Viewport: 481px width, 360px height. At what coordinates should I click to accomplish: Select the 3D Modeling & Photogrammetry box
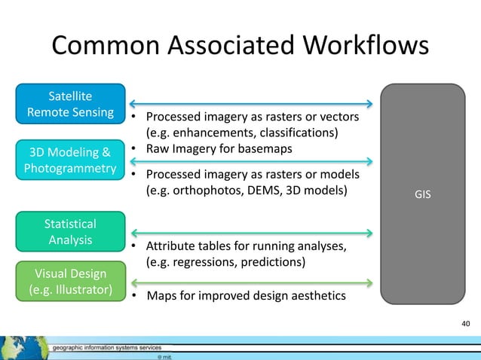point(70,159)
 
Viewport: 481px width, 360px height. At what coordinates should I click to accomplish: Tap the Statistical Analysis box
point(70,232)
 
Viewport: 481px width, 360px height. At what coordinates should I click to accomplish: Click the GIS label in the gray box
point(423,193)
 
